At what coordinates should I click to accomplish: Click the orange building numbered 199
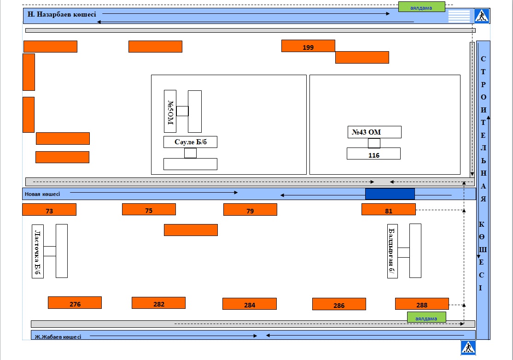pyautogui.click(x=308, y=46)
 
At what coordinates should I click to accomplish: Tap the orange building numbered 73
pyautogui.click(x=49, y=210)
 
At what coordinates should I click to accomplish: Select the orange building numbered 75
pyautogui.click(x=149, y=209)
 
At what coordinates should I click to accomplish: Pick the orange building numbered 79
pyautogui.click(x=251, y=210)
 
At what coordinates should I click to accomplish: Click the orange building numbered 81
pyautogui.click(x=389, y=209)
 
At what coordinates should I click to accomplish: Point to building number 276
pyautogui.click(x=75, y=303)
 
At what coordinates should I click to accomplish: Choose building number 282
pyautogui.click(x=159, y=303)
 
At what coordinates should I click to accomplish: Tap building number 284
pyautogui.click(x=250, y=304)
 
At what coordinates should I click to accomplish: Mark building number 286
pyautogui.click(x=339, y=304)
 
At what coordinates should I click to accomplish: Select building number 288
pyautogui.click(x=422, y=304)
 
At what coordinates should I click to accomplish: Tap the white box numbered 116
pyautogui.click(x=373, y=153)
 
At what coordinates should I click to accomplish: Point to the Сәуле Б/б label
pyautogui.click(x=190, y=142)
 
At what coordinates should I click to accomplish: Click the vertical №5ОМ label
pyautogui.click(x=170, y=112)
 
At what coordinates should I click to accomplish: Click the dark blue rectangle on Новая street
pyautogui.click(x=390, y=194)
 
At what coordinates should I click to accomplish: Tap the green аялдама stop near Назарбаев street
pyautogui.click(x=422, y=7)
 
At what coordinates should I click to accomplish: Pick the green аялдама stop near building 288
pyautogui.click(x=426, y=318)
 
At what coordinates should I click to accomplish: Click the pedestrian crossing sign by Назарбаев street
pyautogui.click(x=482, y=16)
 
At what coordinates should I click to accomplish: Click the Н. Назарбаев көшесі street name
pyautogui.click(x=62, y=14)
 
